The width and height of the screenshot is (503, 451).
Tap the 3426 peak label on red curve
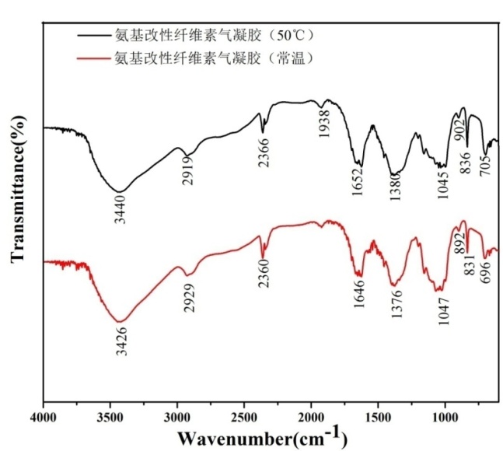pyautogui.click(x=121, y=337)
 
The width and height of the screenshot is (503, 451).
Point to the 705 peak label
pyautogui.click(x=486, y=165)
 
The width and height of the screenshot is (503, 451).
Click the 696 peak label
pyautogui.click(x=487, y=273)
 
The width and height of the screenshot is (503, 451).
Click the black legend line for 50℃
pyautogui.click(x=93, y=35)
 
